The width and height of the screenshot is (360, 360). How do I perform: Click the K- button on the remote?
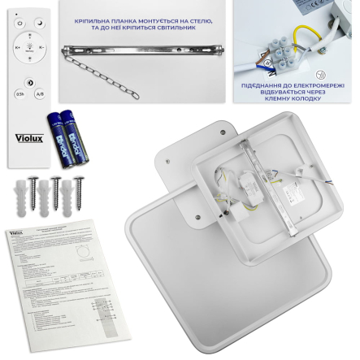42,48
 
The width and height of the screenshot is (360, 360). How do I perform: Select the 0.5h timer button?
20,94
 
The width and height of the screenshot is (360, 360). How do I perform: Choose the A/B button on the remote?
41,94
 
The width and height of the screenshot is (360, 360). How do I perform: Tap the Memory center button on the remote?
30,48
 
